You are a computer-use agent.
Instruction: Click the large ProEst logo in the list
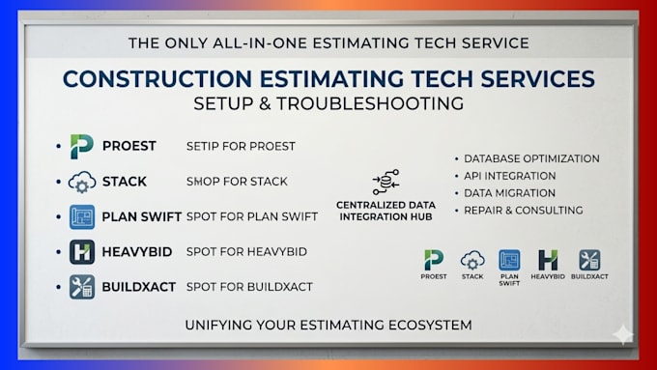point(82,146)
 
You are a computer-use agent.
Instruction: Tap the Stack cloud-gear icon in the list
point(82,182)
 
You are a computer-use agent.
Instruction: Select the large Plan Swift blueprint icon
point(82,216)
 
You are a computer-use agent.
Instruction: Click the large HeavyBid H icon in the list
point(82,252)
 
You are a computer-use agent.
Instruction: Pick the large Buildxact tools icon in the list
point(82,287)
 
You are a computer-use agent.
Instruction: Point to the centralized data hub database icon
point(386,182)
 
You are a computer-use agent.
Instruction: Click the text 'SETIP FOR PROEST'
point(241,146)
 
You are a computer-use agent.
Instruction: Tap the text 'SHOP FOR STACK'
point(237,182)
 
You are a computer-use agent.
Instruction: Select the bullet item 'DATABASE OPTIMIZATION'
point(531,158)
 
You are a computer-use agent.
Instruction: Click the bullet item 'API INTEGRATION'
point(510,176)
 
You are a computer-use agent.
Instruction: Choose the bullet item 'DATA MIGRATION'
point(509,193)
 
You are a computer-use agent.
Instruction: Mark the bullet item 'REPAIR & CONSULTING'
point(524,211)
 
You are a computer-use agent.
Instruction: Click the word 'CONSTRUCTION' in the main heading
point(157,79)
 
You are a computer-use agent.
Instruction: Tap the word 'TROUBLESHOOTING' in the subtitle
point(370,103)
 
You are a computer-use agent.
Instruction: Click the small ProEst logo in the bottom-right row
point(434,260)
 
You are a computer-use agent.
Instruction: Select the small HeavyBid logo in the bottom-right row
point(548,260)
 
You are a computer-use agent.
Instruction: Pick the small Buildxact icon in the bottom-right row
point(589,260)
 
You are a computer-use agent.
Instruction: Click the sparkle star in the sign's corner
point(623,334)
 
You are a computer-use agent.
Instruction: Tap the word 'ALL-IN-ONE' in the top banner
point(260,43)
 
